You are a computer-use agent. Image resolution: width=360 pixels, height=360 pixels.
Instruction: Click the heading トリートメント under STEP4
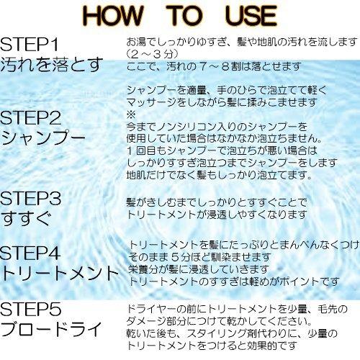tap(60, 274)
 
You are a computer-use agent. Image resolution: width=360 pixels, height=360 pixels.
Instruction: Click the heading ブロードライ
tap(52, 332)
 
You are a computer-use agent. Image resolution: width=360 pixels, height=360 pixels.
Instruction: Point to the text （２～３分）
tap(150, 53)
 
